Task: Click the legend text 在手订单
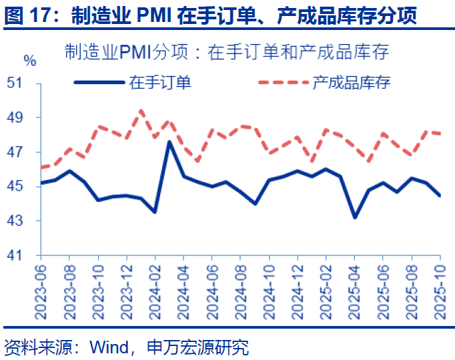click(x=160, y=83)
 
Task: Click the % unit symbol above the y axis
click(x=30, y=61)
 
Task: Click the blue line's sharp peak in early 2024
click(x=169, y=141)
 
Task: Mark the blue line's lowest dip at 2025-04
click(x=354, y=217)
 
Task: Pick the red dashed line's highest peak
click(x=141, y=111)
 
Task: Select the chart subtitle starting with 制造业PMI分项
click(x=227, y=51)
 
